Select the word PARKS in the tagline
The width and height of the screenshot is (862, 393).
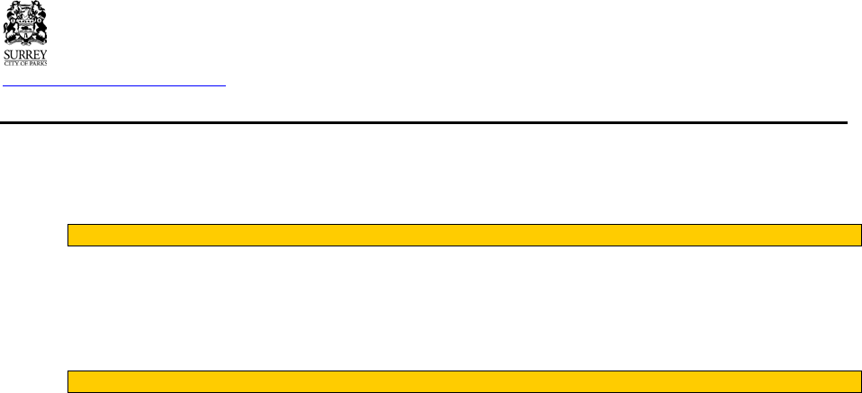click(x=41, y=62)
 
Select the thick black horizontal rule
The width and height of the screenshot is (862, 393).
click(x=423, y=121)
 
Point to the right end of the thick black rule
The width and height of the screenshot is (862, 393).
click(x=846, y=121)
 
